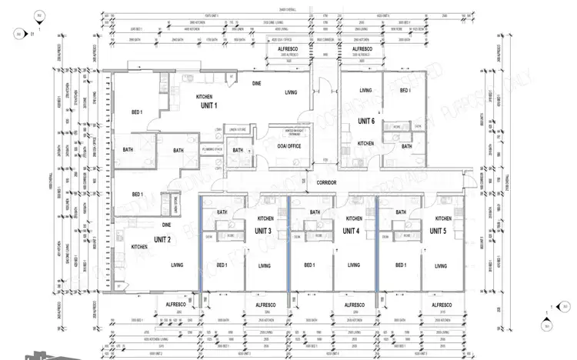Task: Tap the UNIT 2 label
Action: click(162, 239)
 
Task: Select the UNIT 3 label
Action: click(263, 231)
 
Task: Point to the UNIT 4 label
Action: click(352, 231)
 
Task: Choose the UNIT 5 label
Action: click(439, 231)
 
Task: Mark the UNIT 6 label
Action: click(367, 121)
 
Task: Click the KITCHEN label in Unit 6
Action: click(365, 144)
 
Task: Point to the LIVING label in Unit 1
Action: click(291, 92)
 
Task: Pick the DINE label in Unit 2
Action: click(166, 225)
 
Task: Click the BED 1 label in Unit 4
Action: click(309, 265)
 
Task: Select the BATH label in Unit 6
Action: click(406, 145)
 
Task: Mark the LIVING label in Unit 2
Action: click(177, 265)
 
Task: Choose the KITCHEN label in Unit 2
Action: click(139, 247)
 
